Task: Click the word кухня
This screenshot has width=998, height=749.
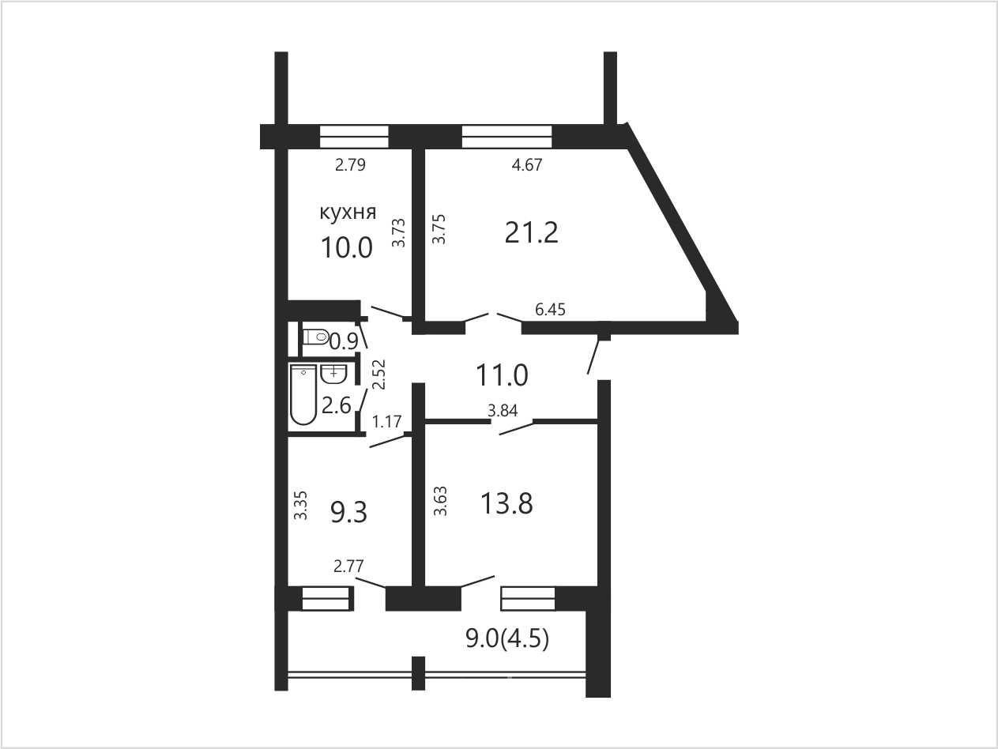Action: [348, 213]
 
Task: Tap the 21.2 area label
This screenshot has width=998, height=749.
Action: [531, 233]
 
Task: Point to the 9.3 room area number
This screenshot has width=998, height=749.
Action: [348, 512]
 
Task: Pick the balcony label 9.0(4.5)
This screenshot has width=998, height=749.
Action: [507, 639]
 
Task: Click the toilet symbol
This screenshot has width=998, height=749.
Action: [316, 337]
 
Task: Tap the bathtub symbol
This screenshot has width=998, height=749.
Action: [303, 394]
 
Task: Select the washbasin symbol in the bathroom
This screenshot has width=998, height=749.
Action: [333, 374]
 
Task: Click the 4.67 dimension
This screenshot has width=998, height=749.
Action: [527, 164]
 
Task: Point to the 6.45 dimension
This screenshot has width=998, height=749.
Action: [550, 310]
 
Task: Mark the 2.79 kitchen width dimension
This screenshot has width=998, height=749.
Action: [350, 164]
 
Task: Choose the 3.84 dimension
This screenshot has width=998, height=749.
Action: [503, 411]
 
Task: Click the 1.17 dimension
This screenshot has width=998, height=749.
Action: [386, 422]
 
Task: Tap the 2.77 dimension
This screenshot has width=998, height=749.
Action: [348, 566]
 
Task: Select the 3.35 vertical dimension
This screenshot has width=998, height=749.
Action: [300, 505]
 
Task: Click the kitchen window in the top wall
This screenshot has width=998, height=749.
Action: [354, 137]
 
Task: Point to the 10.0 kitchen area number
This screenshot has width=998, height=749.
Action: [346, 248]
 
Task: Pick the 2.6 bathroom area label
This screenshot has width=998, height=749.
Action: [337, 405]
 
